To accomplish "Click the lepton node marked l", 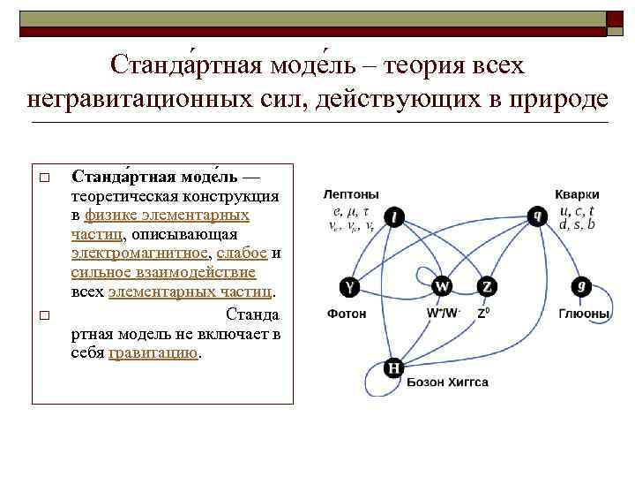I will pos(396,216).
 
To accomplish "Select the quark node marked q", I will pos(536,215).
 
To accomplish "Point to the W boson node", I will pos(442,286).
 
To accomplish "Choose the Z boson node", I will pos(488,286).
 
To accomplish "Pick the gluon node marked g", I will pos(581,286).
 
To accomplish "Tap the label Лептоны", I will pos(351,193).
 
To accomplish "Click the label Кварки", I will pos(577,194).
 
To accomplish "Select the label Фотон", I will pos(347,314).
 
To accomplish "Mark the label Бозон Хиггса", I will pos(447,382).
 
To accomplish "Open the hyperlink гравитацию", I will pos(154,352).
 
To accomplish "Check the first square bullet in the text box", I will pos(41,179).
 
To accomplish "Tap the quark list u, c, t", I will pos(578,211).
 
